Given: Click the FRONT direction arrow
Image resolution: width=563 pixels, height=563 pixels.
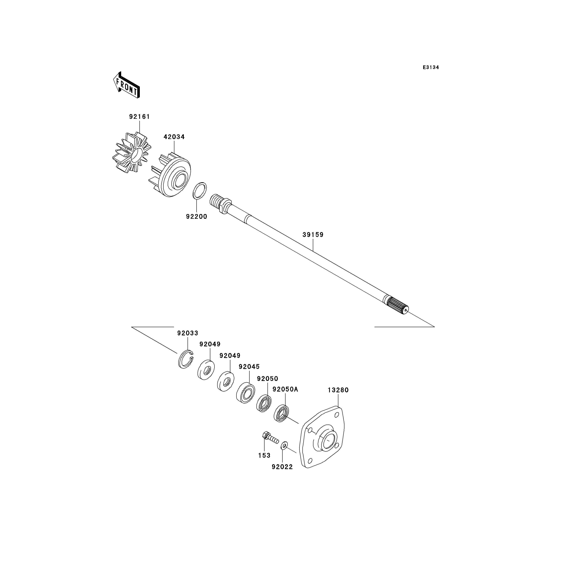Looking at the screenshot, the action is [x=126, y=85].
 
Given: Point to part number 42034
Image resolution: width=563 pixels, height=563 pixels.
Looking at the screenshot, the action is [x=174, y=137].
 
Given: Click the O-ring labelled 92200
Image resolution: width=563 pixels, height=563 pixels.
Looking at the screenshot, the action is [x=200, y=191].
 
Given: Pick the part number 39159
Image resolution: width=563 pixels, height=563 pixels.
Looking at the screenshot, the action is [x=313, y=235].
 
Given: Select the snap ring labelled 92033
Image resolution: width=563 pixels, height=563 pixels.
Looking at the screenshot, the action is [x=186, y=359].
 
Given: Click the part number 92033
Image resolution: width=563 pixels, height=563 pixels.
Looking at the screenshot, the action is [x=188, y=333].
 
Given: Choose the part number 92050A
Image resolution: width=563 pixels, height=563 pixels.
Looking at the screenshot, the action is [x=285, y=389].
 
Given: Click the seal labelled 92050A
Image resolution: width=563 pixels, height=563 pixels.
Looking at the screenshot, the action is [x=281, y=413].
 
